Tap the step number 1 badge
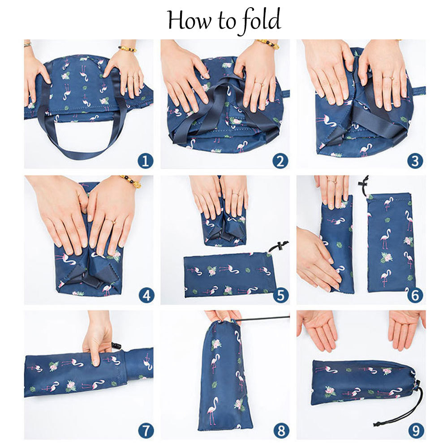coord(145,161)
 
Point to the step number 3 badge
coord(415,161)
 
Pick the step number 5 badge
coord(280,295)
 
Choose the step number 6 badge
coord(415,295)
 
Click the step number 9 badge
coord(416,430)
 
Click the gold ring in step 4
coord(111,221)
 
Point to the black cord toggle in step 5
coord(279,246)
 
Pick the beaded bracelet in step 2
coord(268,44)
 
